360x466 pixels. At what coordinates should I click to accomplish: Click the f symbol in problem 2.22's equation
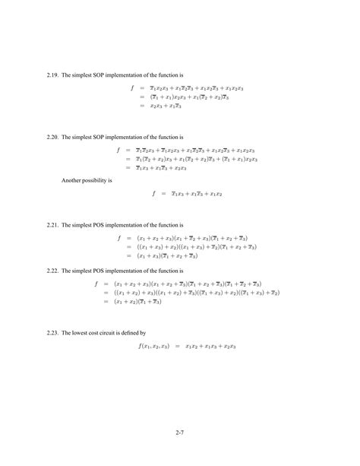pos(96,284)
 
